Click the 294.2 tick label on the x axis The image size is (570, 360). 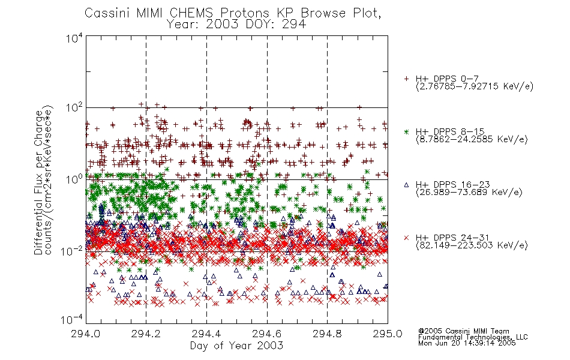tap(146, 334)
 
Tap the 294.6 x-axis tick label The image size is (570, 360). tap(267, 334)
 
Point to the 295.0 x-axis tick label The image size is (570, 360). tap(388, 334)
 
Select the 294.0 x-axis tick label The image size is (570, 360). tap(86, 334)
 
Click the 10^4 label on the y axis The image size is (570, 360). tap(74, 37)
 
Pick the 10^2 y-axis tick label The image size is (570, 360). tap(74, 107)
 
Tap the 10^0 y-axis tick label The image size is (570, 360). tap(74, 179)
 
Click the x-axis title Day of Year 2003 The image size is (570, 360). tap(236, 346)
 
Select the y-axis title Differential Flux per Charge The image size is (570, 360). tap(38, 182)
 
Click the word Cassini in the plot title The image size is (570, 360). tap(107, 13)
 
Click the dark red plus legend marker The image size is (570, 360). tap(407, 79)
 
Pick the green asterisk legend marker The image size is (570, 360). tap(407, 131)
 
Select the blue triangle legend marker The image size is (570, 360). tap(407, 185)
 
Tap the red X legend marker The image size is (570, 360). tap(407, 238)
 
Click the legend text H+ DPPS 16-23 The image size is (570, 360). tap(452, 185)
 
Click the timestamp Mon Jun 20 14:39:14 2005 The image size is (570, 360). tap(467, 343)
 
